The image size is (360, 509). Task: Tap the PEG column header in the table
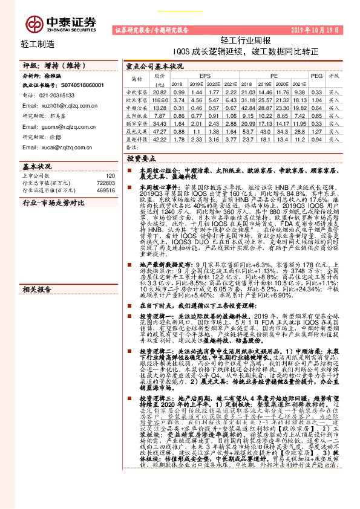click(316, 76)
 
